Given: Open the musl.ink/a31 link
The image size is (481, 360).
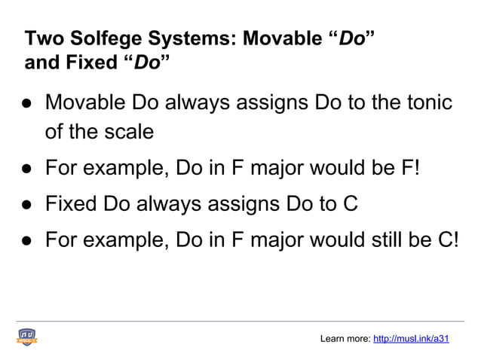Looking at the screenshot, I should (x=411, y=339).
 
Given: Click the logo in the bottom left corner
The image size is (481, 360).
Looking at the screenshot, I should (x=28, y=337).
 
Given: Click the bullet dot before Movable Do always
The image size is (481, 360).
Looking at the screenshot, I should (x=26, y=102).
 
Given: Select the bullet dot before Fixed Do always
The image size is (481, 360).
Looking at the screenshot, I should (x=26, y=204).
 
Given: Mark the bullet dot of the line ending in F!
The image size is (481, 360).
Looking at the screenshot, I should (x=26, y=168).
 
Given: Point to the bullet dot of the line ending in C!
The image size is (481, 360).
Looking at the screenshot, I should (x=26, y=240).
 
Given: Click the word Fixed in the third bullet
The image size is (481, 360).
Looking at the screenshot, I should (x=69, y=203).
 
